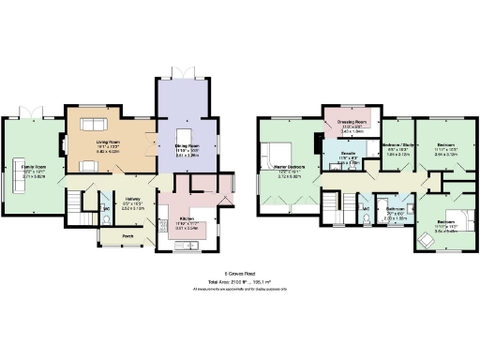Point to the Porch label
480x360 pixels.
[x=127, y=234]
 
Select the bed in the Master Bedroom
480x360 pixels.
[x=280, y=152]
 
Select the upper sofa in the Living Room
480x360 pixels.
[x=94, y=127]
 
